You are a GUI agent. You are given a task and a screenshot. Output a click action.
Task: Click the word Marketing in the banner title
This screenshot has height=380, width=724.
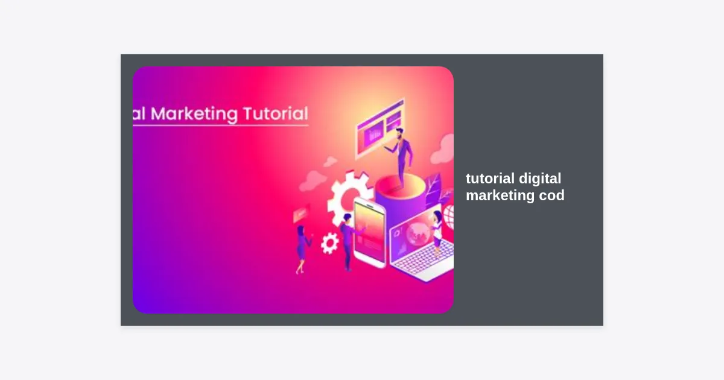tap(194, 114)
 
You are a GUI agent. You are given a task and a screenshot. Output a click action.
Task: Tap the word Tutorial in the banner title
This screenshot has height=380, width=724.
tap(276, 113)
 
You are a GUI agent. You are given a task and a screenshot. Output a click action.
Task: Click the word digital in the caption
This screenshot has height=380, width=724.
tap(540, 179)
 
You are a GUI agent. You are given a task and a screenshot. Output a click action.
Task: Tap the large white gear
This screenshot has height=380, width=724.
tap(348, 198)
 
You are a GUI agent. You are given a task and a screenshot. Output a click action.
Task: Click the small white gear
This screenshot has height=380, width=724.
tap(329, 243)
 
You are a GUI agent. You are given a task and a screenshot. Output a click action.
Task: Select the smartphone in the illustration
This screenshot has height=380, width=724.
tap(370, 233)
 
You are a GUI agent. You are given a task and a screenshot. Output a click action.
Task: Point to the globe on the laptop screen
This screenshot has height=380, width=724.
tap(418, 234)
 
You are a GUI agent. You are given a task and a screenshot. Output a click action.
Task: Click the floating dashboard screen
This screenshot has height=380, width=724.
tap(380, 127)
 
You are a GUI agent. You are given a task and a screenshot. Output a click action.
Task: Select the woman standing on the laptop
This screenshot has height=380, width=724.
tap(436, 231)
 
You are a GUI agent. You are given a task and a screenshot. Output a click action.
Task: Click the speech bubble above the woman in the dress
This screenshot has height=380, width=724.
tap(300, 214)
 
